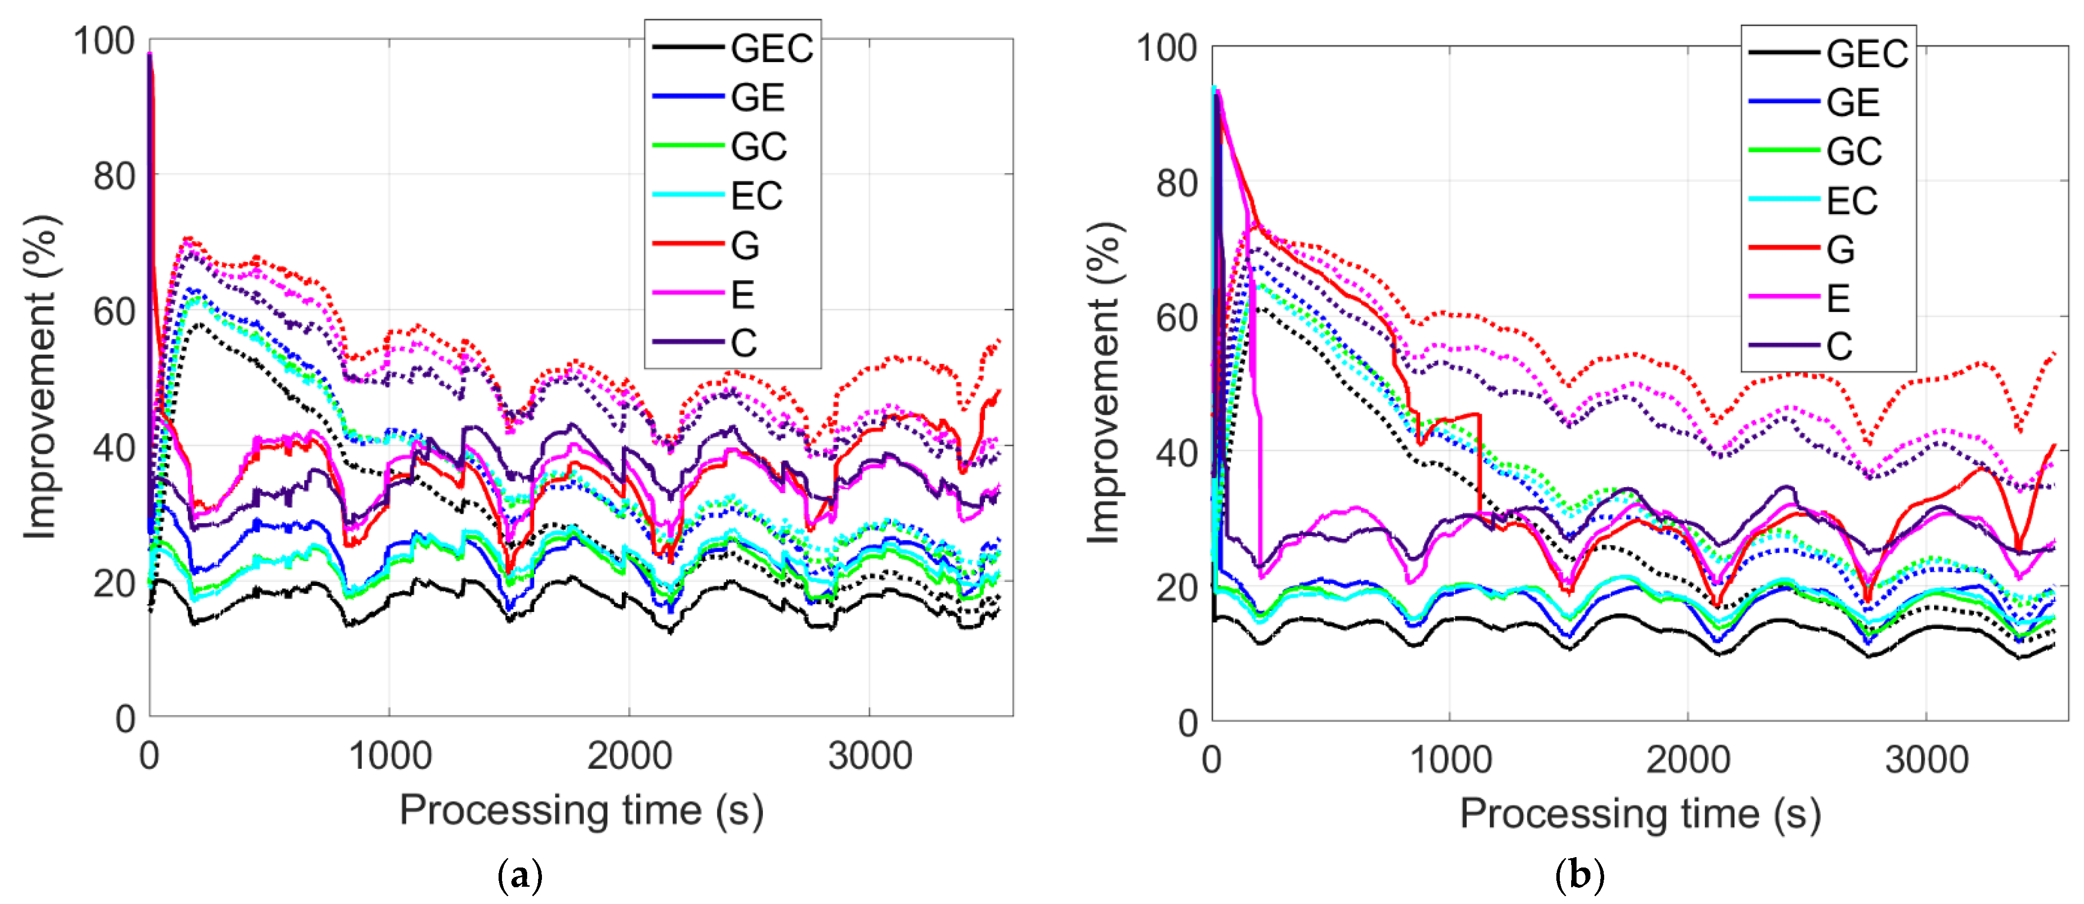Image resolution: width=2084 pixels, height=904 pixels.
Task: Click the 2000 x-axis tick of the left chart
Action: click(629, 757)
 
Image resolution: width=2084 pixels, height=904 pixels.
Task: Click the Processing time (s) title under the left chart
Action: click(581, 810)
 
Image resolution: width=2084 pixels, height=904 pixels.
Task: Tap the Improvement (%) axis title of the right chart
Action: click(1104, 382)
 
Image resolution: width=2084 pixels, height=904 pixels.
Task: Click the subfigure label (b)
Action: click(1579, 876)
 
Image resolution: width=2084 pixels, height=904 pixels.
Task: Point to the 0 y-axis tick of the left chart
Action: click(125, 719)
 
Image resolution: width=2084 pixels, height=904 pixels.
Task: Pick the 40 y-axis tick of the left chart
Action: click(114, 447)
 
